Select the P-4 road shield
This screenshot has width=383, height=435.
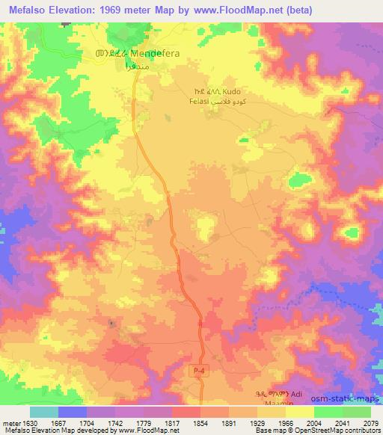195,371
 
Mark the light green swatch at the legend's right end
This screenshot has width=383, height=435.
357,411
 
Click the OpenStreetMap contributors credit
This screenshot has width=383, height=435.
342,431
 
